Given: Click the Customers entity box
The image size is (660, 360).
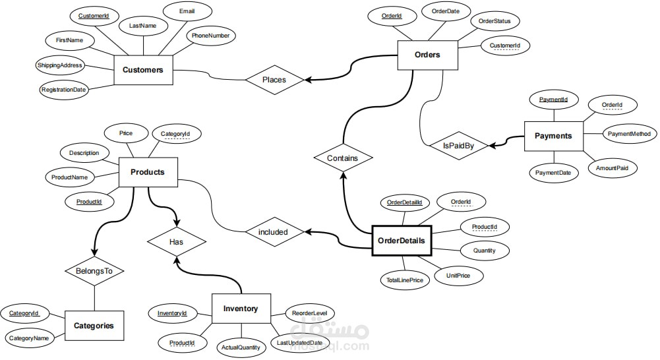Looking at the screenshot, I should (x=143, y=70).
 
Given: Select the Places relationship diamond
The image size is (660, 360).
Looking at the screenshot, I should (x=274, y=80).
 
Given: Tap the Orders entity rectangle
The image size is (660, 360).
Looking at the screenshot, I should (x=427, y=55).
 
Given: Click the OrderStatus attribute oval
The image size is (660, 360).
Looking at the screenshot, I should (x=495, y=21).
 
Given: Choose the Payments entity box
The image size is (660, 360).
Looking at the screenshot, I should (x=553, y=136).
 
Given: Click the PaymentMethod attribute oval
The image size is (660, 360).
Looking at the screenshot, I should (x=628, y=134).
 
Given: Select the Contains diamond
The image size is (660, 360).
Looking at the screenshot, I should (x=343, y=158).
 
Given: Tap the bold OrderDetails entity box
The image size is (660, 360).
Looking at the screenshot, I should (x=402, y=241).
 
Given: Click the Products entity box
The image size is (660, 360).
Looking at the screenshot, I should (x=148, y=172).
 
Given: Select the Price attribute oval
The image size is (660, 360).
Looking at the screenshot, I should (x=126, y=133).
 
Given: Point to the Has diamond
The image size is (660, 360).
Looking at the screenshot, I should (x=176, y=242).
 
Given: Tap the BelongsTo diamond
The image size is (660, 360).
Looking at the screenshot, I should (x=95, y=270).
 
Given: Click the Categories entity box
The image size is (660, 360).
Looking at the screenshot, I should (x=94, y=326).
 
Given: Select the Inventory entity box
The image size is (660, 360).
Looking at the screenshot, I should (x=241, y=309).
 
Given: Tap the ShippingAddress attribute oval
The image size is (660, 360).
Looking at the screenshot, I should (x=60, y=65).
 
